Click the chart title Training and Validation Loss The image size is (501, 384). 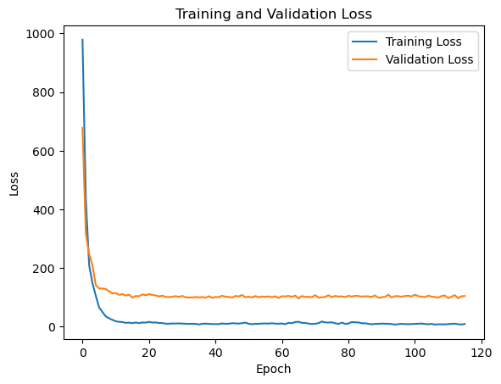tap(273, 14)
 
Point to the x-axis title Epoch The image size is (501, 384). tap(273, 370)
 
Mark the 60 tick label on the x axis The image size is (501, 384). tap(282, 351)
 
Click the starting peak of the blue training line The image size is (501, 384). tap(82, 40)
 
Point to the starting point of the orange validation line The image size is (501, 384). tap(82, 128)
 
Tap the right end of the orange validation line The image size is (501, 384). tap(465, 296)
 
